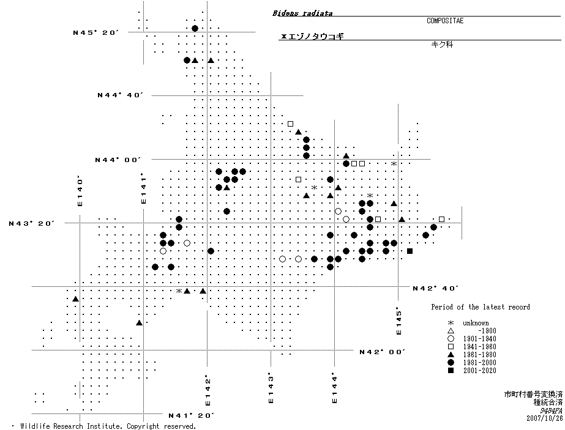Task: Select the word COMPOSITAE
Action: point(445,21)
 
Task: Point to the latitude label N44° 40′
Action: point(120,95)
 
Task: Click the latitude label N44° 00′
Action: point(118,160)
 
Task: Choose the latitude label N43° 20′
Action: point(32,223)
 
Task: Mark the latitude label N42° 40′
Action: point(435,287)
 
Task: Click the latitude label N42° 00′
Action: point(382,352)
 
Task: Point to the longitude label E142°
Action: point(208,390)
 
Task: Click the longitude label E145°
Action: point(399,320)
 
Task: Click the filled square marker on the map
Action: point(410,251)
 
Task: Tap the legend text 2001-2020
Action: point(479,371)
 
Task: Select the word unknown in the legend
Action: point(476,323)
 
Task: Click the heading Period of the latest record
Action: point(481,307)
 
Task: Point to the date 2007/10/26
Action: point(544,418)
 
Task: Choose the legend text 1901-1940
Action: point(479,339)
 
